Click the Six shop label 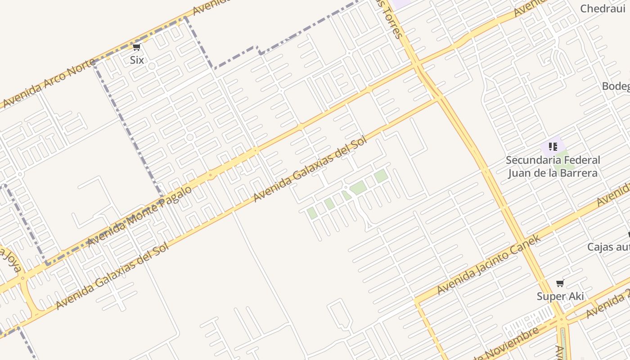[x=137, y=60]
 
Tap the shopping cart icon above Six [x=137, y=47]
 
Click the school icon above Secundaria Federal [x=553, y=147]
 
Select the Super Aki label [x=560, y=296]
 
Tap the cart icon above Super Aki [x=560, y=283]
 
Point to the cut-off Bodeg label [x=616, y=86]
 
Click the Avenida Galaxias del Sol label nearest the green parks [x=310, y=169]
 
